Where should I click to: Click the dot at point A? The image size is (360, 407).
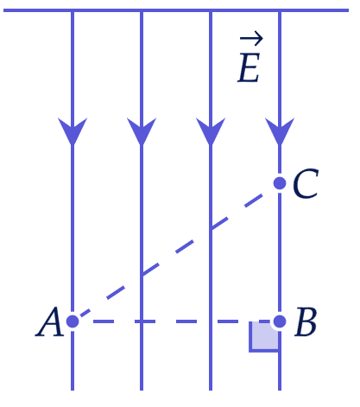tap(73, 321)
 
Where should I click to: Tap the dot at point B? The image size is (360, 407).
tap(280, 321)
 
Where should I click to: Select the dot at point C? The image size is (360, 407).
tap(280, 183)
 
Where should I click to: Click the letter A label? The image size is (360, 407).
tap(49, 321)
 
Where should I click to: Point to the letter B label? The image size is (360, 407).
tap(306, 321)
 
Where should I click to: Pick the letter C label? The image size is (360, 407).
tap(306, 183)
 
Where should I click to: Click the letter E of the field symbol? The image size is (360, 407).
tap(249, 68)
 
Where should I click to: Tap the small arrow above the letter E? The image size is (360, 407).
tap(251, 39)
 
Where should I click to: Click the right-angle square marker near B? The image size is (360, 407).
tap(264, 336)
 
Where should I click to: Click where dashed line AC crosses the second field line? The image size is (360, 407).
tap(142, 275)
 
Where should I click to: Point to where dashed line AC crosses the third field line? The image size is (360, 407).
tap(211, 229)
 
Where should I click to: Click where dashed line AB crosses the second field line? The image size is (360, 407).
tap(142, 321)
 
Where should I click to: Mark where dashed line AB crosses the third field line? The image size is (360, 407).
tap(211, 321)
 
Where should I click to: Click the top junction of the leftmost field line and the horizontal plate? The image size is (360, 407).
tap(73, 10)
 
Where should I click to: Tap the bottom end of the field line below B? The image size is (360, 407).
tap(280, 390)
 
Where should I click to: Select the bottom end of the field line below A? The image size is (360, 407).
tap(73, 390)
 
